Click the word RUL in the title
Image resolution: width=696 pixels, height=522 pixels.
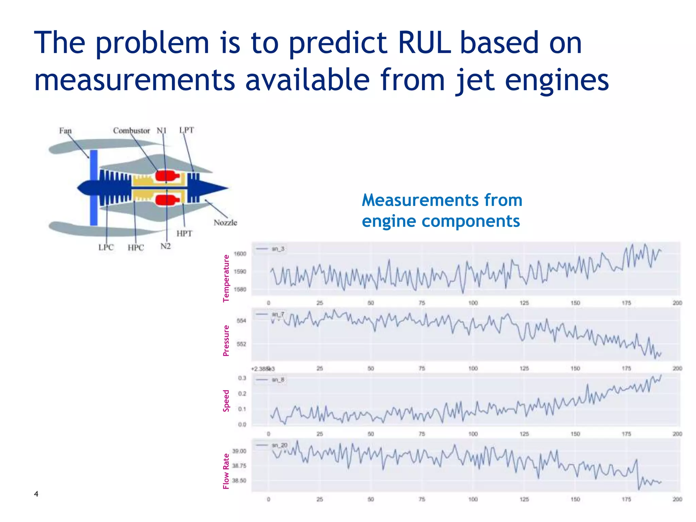[424, 43]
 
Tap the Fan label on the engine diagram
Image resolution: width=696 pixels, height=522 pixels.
[65, 131]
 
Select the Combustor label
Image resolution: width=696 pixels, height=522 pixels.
[132, 131]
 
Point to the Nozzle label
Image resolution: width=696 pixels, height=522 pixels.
[225, 223]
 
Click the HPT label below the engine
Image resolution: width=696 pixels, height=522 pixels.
[184, 233]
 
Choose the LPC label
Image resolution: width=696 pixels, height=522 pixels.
[106, 247]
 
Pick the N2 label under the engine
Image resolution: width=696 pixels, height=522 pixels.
[166, 246]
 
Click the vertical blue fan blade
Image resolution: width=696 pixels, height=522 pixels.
[94, 187]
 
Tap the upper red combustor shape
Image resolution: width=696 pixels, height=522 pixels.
[167, 176]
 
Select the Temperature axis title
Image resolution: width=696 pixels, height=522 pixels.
[226, 278]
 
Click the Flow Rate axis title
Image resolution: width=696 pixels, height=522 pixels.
[226, 471]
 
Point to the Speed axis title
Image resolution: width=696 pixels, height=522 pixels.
[226, 401]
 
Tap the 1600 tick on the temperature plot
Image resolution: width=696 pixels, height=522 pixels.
[240, 254]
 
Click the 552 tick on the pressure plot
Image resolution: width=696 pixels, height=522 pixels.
[241, 344]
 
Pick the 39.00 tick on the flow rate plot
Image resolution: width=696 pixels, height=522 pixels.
[239, 451]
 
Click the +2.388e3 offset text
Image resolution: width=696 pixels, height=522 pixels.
[263, 369]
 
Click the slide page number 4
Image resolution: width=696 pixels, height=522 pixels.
[36, 494]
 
